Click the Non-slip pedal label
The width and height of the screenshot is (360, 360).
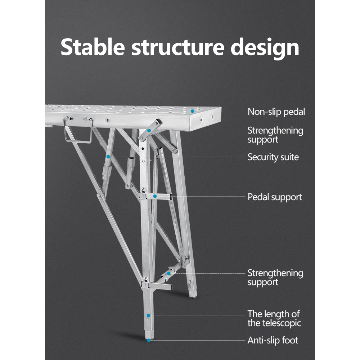pos(276,112)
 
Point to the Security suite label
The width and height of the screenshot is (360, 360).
pos(273,157)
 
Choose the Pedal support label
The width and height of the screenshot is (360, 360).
pos(275,197)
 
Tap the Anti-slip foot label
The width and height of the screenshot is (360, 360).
pos(273,340)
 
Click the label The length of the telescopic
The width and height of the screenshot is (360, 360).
pos(274,318)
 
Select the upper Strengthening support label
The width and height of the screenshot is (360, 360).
pos(275,135)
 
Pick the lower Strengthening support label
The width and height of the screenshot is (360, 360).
pos(275,278)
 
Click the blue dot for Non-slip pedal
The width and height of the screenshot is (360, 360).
pos(193,111)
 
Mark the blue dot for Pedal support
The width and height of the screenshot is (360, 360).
pos(155,197)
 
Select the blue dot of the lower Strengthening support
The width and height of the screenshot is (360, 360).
pos(169,274)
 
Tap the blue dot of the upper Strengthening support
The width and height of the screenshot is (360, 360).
pos(149,131)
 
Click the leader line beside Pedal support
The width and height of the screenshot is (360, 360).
pos(202,197)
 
